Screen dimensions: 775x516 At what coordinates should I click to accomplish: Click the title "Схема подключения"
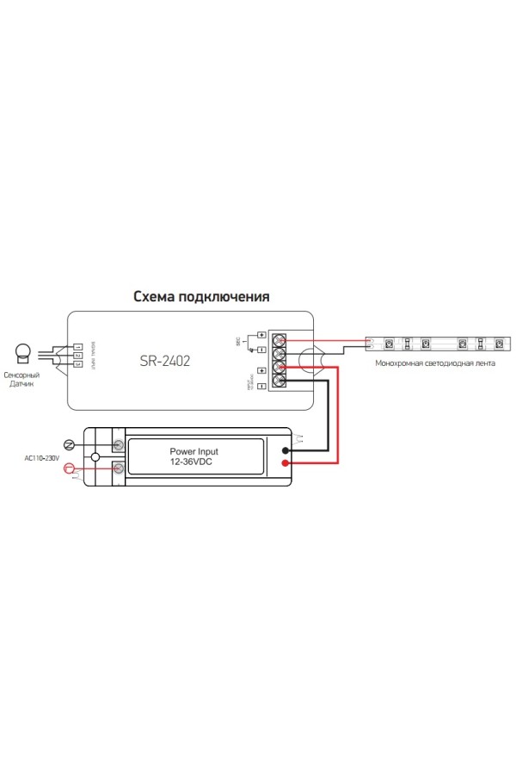[201, 296]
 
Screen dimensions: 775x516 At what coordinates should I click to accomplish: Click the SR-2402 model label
[164, 362]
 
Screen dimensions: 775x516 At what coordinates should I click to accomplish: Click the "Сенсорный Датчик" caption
[21, 381]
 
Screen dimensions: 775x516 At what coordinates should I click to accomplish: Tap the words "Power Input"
[194, 450]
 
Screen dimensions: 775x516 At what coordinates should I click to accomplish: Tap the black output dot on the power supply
[286, 449]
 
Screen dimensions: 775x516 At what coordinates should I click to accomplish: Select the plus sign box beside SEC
[261, 334]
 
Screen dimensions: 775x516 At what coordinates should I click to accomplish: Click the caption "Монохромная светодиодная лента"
[435, 363]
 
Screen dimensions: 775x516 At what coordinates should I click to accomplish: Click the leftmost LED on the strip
[389, 344]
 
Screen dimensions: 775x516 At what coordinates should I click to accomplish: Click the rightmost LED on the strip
[499, 344]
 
